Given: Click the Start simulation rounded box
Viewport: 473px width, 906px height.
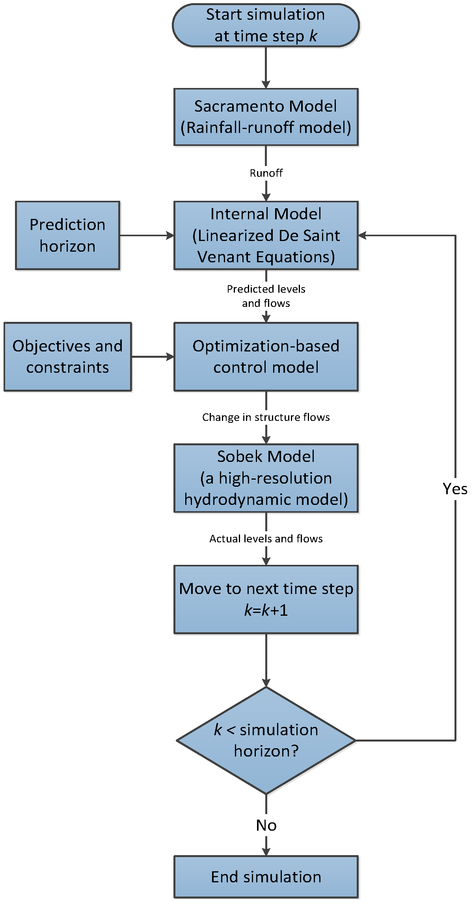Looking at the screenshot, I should pyautogui.click(x=266, y=25).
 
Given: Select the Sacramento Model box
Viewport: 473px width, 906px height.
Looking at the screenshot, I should pyautogui.click(x=266, y=117).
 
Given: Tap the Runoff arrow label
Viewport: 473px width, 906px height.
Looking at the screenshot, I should pyautogui.click(x=266, y=173).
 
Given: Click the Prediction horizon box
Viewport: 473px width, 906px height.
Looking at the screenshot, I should pyautogui.click(x=67, y=235).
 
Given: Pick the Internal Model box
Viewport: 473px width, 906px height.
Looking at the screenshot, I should pyautogui.click(x=266, y=235).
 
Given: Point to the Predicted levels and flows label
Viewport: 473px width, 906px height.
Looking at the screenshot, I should pyautogui.click(x=266, y=296).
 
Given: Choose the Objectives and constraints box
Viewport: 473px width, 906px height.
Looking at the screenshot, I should pyautogui.click(x=67, y=357).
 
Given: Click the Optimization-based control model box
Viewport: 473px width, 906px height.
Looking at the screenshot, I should pyautogui.click(x=266, y=357).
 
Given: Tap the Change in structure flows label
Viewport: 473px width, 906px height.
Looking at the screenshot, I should pyautogui.click(x=266, y=417).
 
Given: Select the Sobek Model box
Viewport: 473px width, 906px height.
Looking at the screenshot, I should pyautogui.click(x=266, y=478).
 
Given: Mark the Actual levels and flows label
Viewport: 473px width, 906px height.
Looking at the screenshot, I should pyautogui.click(x=266, y=539).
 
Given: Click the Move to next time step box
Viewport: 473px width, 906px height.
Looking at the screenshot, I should pyautogui.click(x=266, y=600).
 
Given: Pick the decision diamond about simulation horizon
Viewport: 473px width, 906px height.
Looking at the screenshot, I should pyautogui.click(x=266, y=740).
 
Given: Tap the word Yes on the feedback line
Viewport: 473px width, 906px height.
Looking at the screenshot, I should pyautogui.click(x=455, y=489).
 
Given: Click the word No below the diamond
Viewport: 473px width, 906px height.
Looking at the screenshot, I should pyautogui.click(x=266, y=826).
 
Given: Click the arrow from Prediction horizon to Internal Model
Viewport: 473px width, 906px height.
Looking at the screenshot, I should pyautogui.click(x=147, y=235).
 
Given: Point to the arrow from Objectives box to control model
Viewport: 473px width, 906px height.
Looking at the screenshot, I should pyautogui.click(x=153, y=357).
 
